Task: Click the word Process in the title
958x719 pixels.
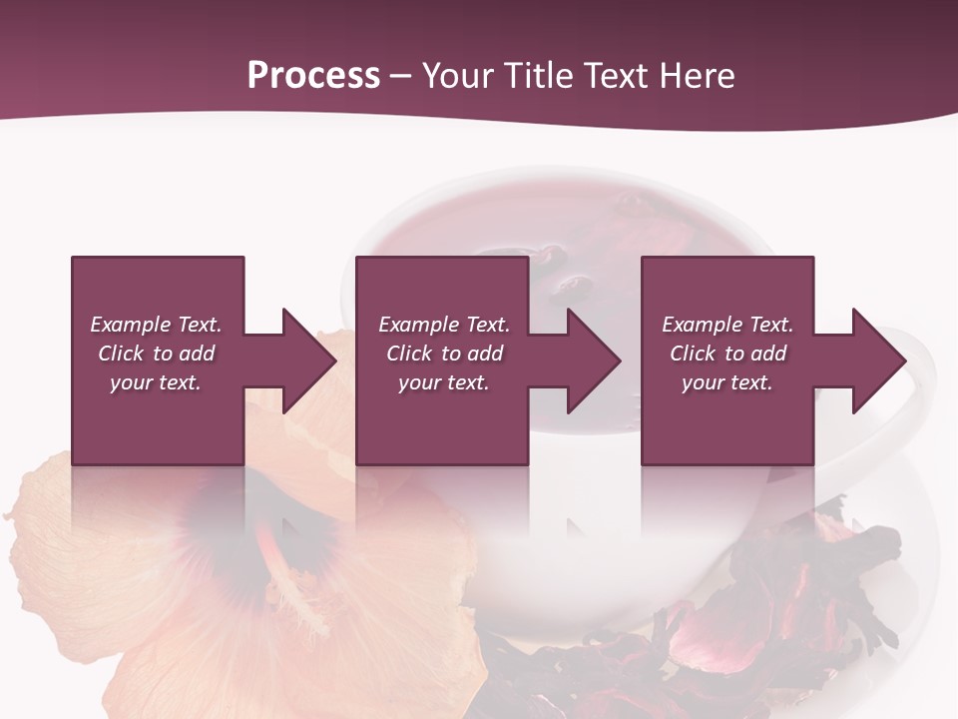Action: [313, 76]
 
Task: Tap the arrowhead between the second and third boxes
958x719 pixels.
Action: [593, 360]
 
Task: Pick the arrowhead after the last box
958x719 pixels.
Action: [878, 360]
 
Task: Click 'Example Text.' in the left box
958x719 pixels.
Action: [156, 325]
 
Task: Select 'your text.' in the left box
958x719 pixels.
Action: [156, 382]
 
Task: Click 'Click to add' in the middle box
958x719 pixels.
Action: [444, 354]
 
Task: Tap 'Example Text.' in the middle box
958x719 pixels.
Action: [444, 325]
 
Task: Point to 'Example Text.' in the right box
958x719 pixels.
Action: [727, 325]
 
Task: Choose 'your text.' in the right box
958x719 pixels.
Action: [727, 382]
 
